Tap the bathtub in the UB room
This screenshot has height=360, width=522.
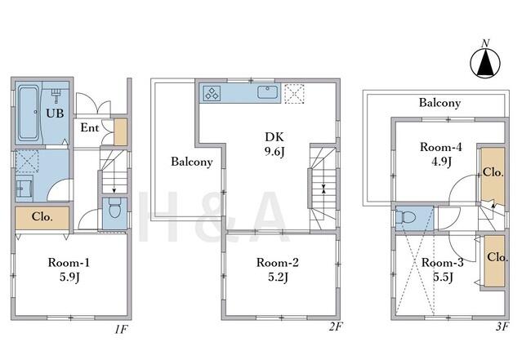(29, 113)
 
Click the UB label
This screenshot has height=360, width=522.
(55, 113)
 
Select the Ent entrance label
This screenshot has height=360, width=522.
(90, 128)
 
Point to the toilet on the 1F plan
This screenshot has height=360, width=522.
(114, 208)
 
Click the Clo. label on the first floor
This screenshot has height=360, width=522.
(42, 217)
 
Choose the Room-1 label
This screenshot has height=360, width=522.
(69, 263)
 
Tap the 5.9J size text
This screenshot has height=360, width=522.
(69, 278)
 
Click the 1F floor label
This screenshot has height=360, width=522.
(121, 329)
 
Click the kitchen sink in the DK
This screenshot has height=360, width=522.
(267, 92)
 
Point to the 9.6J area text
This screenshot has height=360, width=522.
(274, 152)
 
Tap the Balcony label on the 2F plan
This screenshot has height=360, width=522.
(192, 162)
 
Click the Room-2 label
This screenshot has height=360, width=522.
(278, 263)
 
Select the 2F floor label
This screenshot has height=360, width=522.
(336, 327)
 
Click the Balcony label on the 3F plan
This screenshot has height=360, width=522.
(439, 103)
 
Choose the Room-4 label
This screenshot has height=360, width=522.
(441, 147)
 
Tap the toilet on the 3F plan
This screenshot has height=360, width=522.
(406, 218)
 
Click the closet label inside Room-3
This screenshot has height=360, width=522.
(497, 257)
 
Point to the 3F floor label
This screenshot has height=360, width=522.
(502, 327)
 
